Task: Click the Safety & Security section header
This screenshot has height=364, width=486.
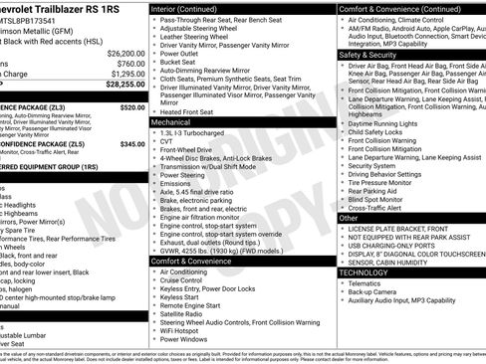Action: pyautogui.click(x=366, y=55)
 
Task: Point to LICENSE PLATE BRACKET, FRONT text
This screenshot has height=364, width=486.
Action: pyautogui.click(x=403, y=229)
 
